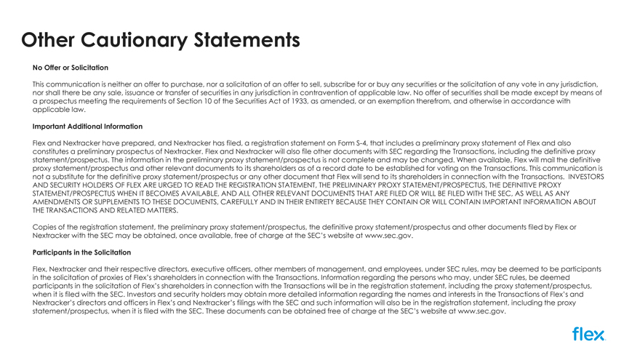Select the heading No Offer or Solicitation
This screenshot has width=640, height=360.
point(71,68)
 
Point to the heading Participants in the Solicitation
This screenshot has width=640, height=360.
point(82,252)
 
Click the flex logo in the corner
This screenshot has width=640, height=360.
point(588,335)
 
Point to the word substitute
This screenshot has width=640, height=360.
point(73,177)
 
